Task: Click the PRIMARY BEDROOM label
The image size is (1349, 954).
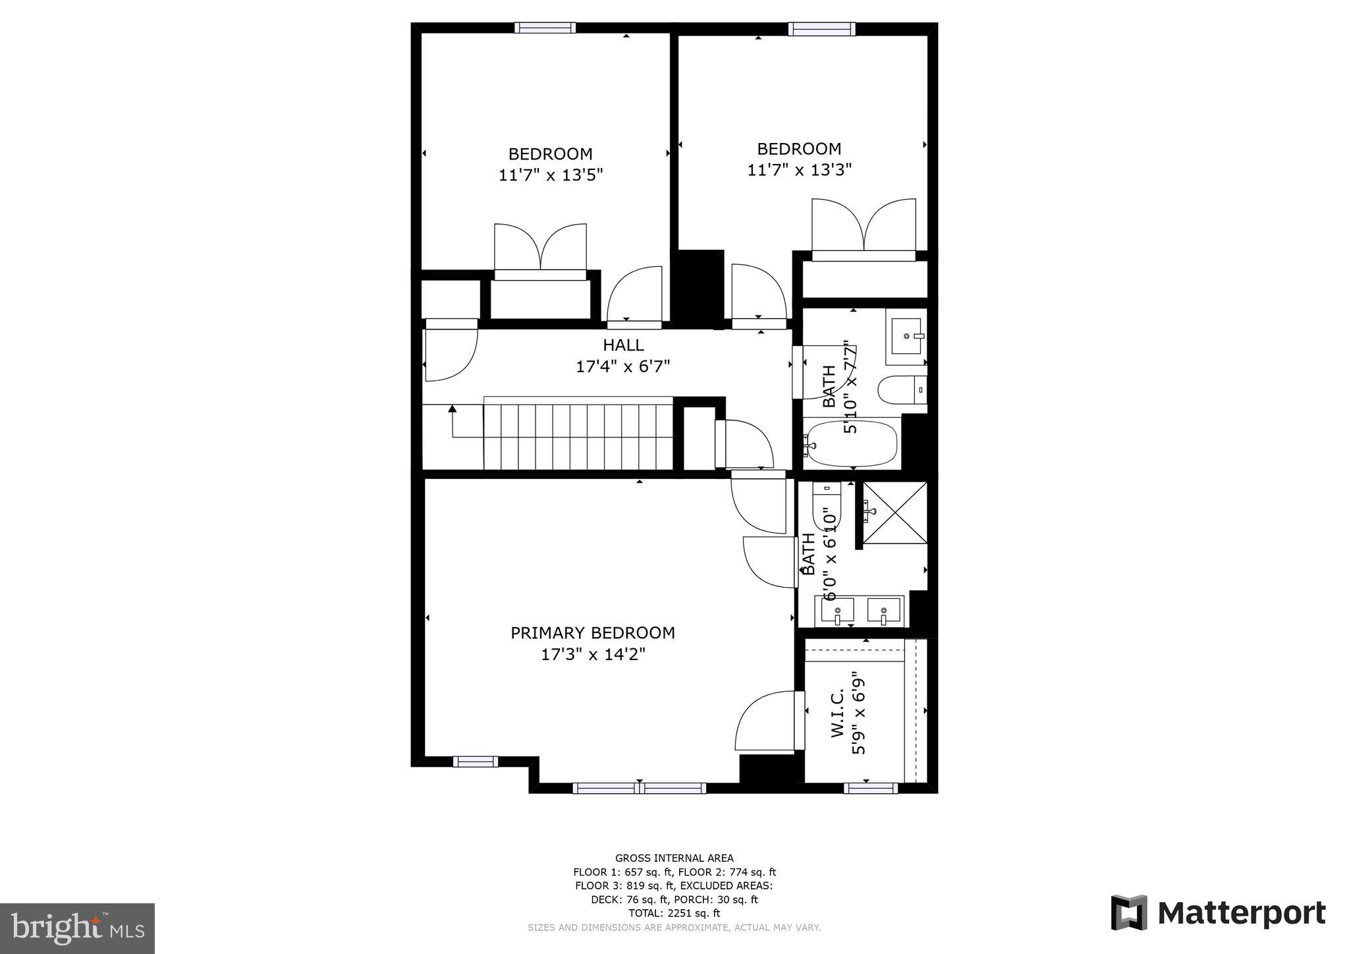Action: point(593,632)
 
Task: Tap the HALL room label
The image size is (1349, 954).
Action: point(623,345)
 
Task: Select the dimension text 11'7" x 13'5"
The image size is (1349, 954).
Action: point(551,175)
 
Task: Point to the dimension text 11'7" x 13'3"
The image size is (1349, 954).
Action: point(799,170)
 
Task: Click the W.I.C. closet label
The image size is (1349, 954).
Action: point(838,714)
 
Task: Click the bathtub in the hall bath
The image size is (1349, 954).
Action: point(852,443)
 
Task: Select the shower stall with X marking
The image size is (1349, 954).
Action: point(895,513)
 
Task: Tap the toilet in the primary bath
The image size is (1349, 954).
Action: point(827,507)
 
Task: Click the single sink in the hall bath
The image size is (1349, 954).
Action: point(906,336)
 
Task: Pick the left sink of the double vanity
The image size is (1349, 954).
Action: point(837,611)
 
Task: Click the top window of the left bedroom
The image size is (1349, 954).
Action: point(545,28)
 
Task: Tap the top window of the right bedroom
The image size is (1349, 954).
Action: point(821,29)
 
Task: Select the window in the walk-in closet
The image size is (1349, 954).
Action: point(870,787)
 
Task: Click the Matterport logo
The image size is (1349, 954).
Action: point(1218,913)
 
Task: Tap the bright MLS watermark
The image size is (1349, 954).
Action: point(77,928)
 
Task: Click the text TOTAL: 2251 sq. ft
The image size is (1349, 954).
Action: point(674,913)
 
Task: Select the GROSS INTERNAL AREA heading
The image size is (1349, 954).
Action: point(674,858)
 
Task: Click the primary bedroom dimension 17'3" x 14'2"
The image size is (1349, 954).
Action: point(593,654)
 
